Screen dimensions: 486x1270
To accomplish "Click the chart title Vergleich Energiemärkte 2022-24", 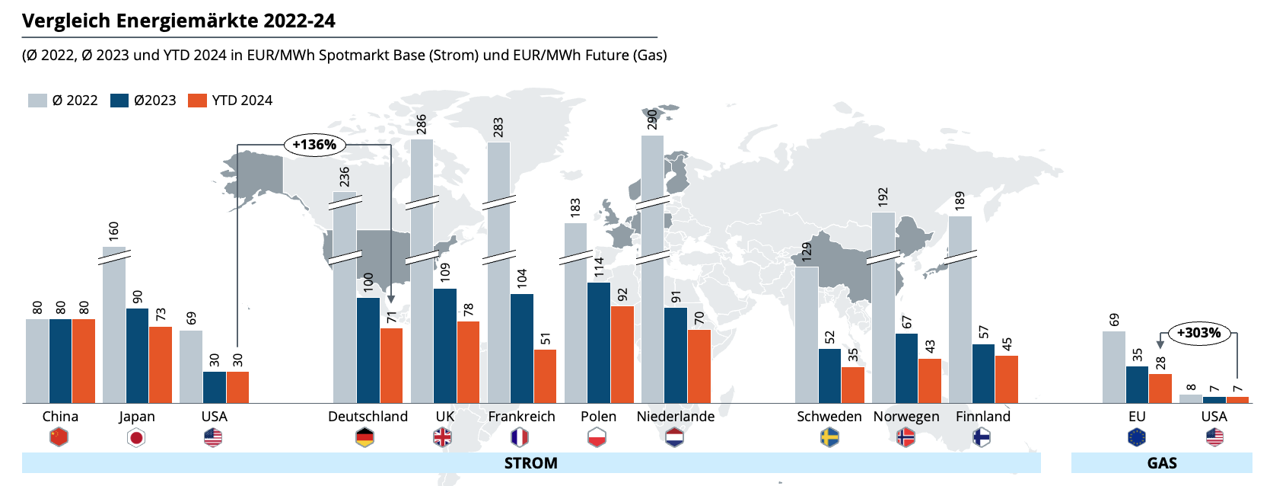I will pyautogui.click(x=179, y=21).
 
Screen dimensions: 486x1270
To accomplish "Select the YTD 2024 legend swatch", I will pyautogui.click(x=197, y=101).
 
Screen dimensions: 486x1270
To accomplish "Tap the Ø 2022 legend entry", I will pyautogui.click(x=63, y=101).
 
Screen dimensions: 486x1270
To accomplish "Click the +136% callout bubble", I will pyautogui.click(x=314, y=145).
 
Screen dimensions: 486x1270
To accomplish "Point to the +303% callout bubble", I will pyautogui.click(x=1198, y=333).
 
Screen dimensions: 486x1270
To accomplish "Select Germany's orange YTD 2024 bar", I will pyautogui.click(x=391, y=366).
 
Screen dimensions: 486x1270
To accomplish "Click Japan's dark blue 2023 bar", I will pyautogui.click(x=138, y=355).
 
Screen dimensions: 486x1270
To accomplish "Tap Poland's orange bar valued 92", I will pyautogui.click(x=622, y=354).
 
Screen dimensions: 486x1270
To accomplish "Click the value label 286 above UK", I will pyautogui.click(x=422, y=124).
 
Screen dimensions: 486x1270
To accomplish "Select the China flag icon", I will pyautogui.click(x=59, y=437).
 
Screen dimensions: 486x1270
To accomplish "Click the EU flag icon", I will pyautogui.click(x=1137, y=437).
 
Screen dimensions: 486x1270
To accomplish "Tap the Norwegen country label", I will pyautogui.click(x=906, y=417).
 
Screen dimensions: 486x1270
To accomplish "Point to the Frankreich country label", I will pyautogui.click(x=521, y=417).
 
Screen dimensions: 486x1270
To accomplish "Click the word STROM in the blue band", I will pyautogui.click(x=530, y=463).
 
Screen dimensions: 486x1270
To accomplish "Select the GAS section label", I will pyautogui.click(x=1162, y=463).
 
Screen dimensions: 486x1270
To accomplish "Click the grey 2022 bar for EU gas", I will pyautogui.click(x=1113, y=367).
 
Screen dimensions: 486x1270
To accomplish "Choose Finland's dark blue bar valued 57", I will pyautogui.click(x=983, y=373).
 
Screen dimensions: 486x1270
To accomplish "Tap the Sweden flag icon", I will pyautogui.click(x=829, y=437).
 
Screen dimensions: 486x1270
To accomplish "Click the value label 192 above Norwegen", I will pyautogui.click(x=883, y=197).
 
